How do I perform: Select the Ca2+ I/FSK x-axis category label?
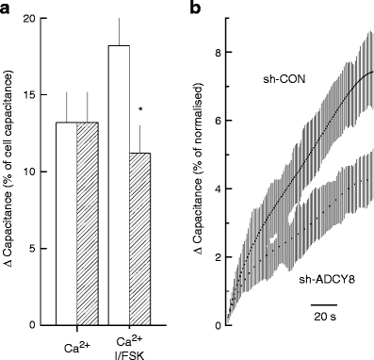(129, 346)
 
